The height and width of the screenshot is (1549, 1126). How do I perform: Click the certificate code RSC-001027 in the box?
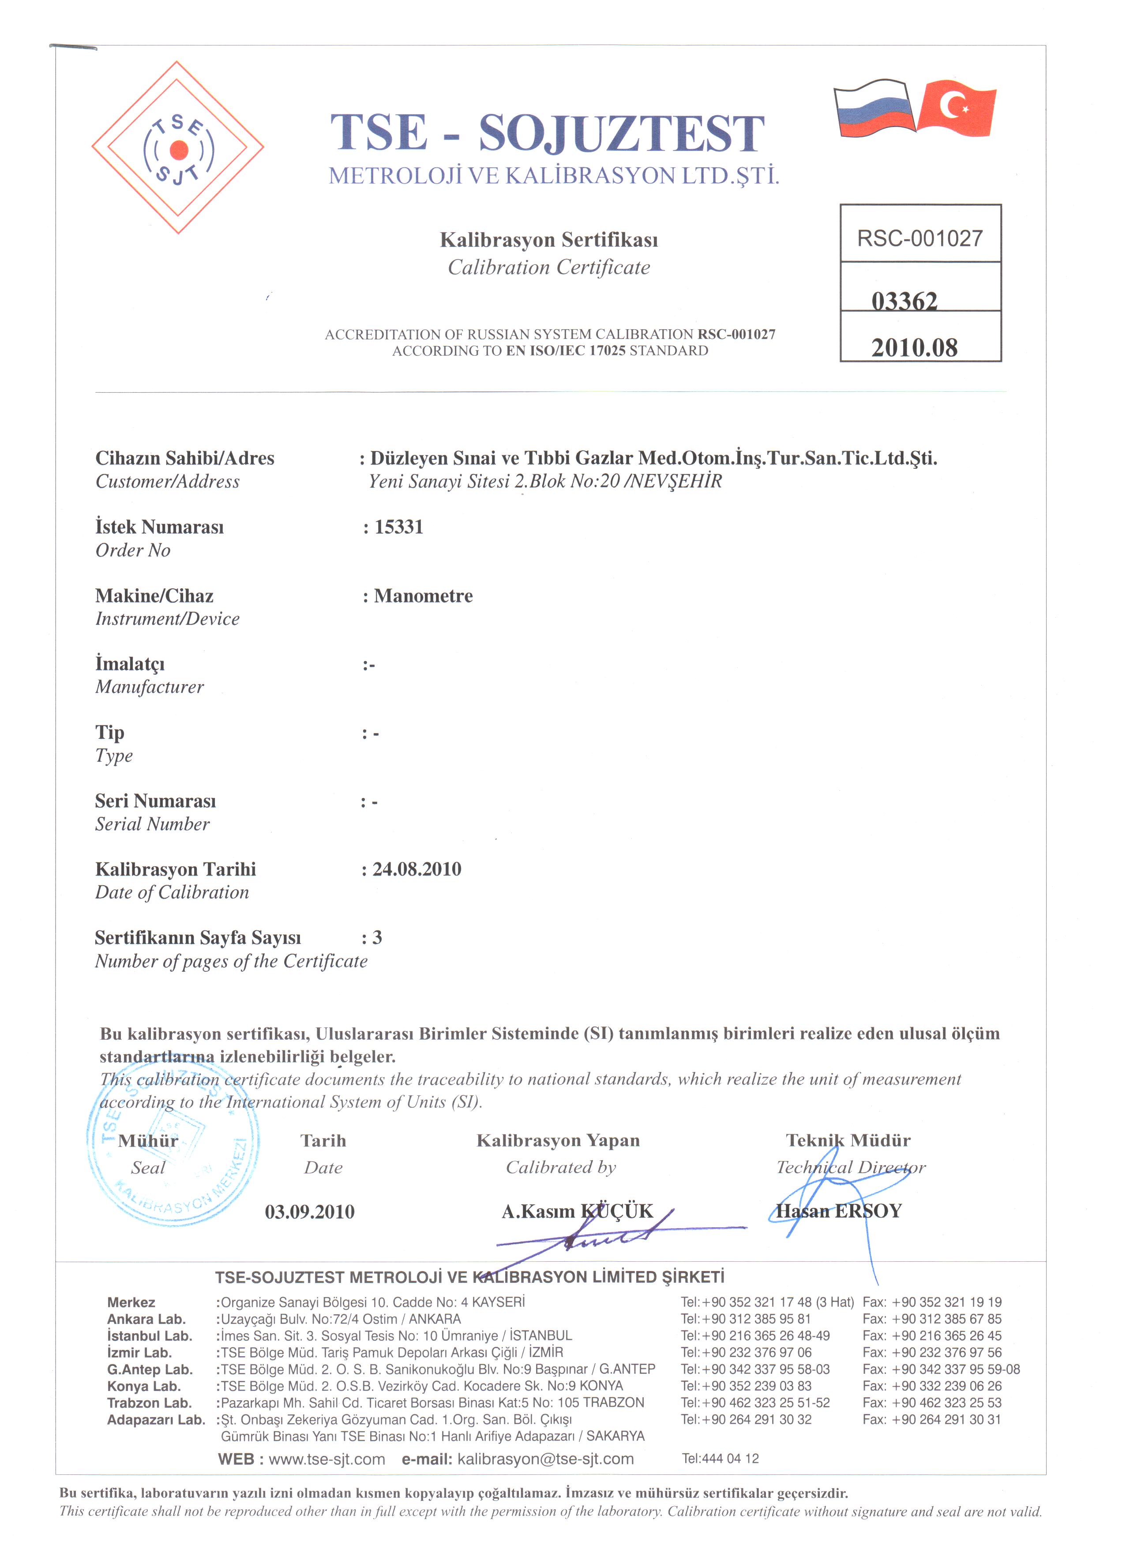click(x=920, y=238)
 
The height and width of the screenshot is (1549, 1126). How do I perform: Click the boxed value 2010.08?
click(x=914, y=348)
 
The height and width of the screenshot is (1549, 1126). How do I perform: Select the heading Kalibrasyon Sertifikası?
click(x=549, y=240)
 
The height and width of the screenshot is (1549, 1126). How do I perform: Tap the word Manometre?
click(x=424, y=596)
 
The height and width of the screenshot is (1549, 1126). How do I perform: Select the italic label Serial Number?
click(x=152, y=824)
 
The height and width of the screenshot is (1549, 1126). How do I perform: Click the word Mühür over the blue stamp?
click(x=148, y=1141)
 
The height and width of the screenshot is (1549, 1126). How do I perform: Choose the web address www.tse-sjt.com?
click(x=327, y=1459)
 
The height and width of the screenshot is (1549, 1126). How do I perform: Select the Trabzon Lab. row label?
click(x=149, y=1403)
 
